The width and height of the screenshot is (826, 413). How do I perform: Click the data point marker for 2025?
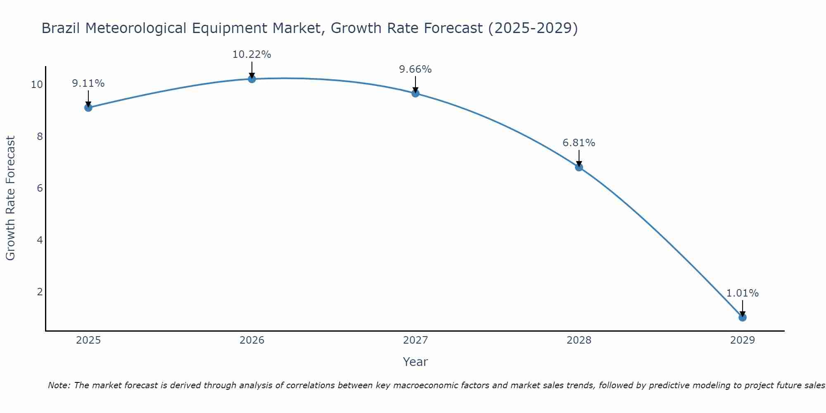pos(88,108)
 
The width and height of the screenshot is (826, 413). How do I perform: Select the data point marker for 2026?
pos(252,79)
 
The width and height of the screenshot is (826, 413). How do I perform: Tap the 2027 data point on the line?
pos(415,93)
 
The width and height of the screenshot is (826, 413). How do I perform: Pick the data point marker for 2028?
pos(579,167)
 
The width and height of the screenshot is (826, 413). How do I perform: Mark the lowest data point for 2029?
pos(743,318)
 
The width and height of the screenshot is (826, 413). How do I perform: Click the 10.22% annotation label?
pos(252,55)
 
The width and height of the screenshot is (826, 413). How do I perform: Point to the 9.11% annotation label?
pos(88,83)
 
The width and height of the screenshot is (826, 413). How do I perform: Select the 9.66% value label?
pos(415,69)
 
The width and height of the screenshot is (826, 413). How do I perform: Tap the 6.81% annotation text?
pos(579,143)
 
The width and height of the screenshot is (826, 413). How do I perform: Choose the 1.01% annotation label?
pos(742,293)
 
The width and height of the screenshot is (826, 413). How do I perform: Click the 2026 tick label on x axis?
pos(252,340)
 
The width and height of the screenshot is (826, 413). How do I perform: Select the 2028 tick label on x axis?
pos(579,340)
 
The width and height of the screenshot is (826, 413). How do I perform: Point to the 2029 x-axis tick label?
pos(743,340)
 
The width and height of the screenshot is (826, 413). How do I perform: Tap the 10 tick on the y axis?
pos(37,85)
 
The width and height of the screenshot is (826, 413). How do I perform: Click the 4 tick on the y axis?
pos(40,240)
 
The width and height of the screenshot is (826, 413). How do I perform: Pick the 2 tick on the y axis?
pos(40,292)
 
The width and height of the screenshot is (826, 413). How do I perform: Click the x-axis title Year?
pos(415,362)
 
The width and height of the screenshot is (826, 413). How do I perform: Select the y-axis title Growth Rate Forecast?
pos(10,198)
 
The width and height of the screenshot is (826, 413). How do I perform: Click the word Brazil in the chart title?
pos(61,28)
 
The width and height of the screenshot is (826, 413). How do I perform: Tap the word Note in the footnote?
pos(59,385)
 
